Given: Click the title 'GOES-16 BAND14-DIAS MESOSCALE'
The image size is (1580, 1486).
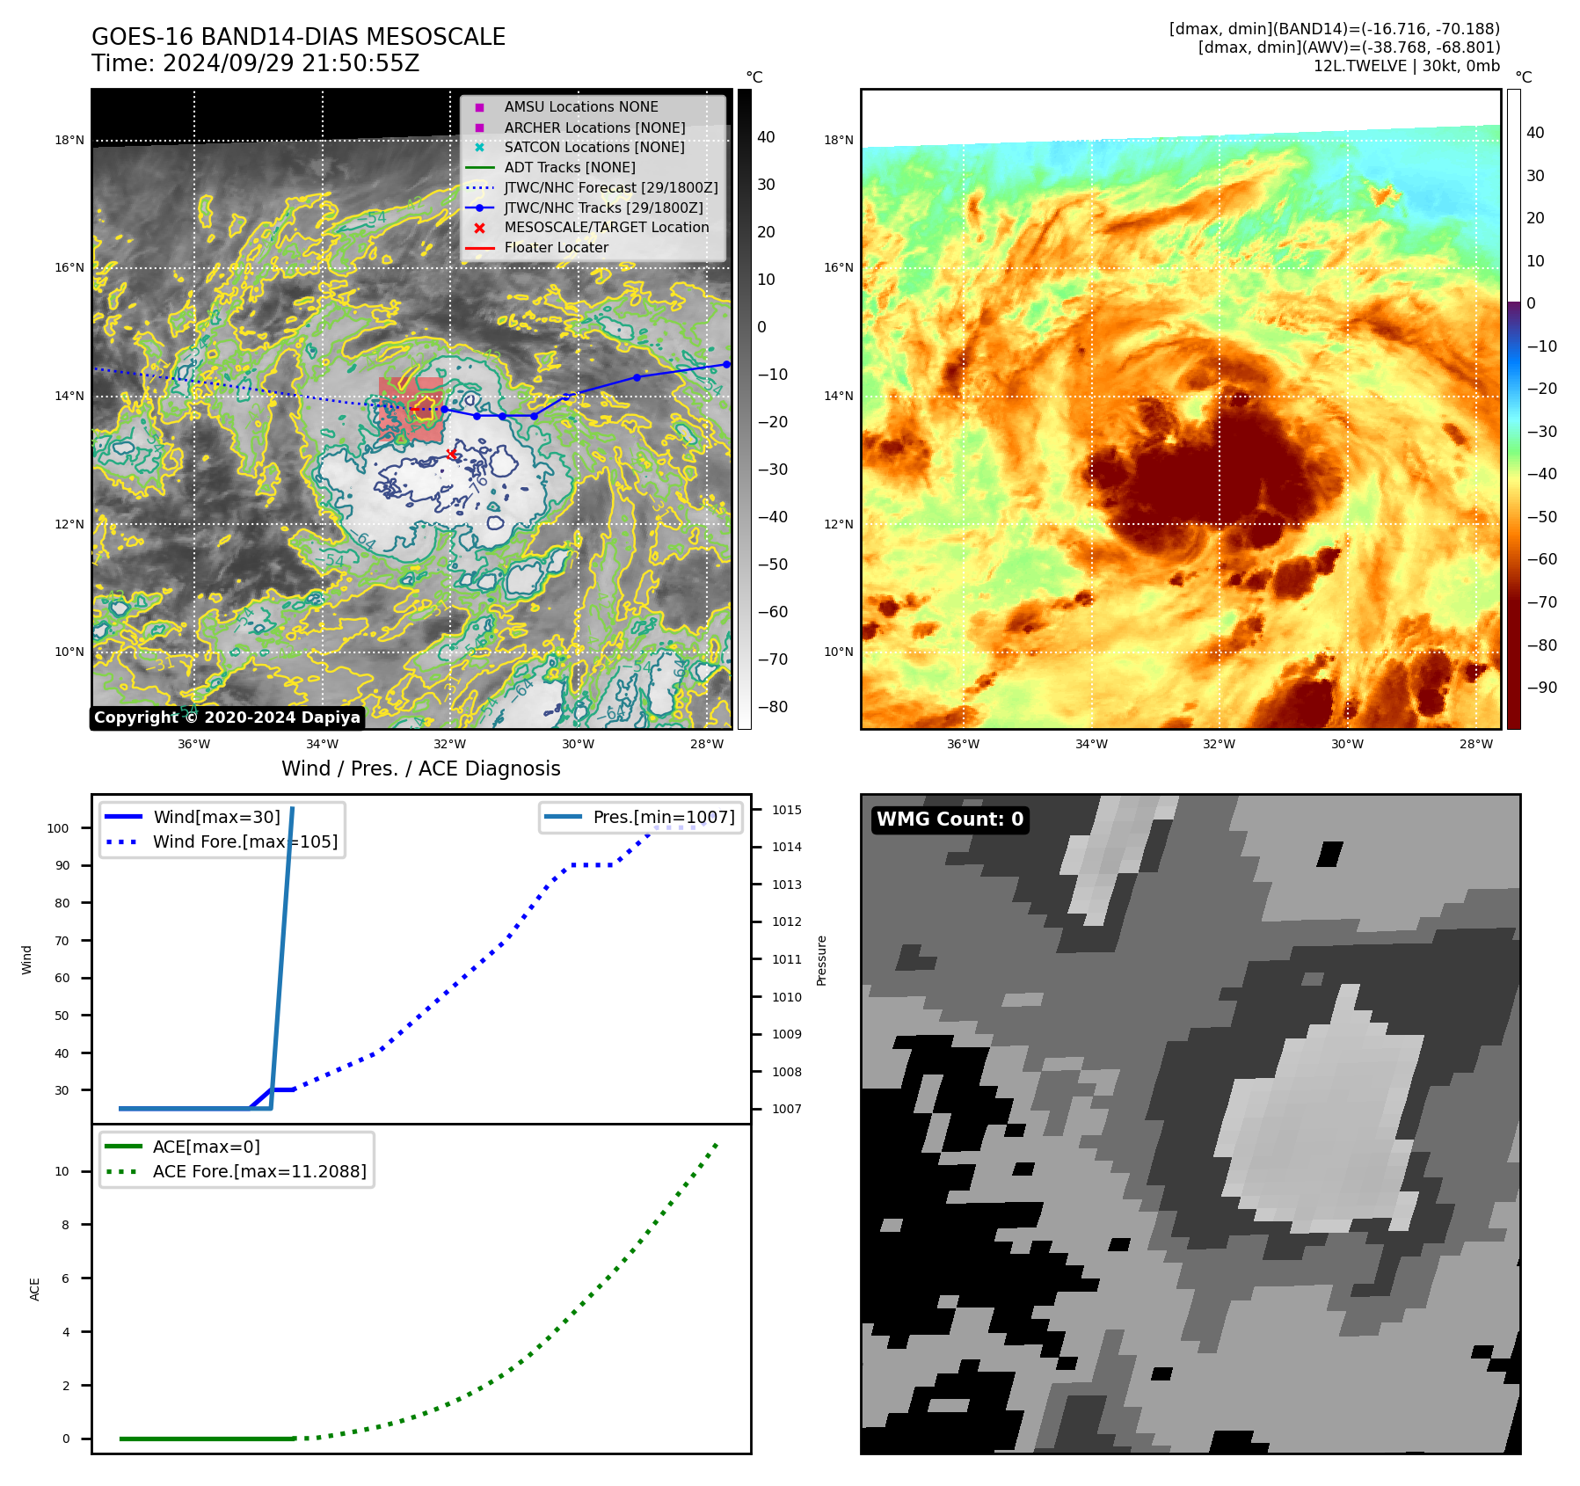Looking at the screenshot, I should [x=298, y=37].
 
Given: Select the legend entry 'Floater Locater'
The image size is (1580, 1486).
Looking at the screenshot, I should [x=556, y=248].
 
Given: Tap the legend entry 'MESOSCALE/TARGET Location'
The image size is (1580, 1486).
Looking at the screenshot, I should [x=606, y=228].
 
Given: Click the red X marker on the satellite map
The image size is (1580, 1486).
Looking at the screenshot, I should [x=451, y=455].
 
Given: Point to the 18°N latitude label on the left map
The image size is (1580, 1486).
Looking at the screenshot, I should [x=69, y=141].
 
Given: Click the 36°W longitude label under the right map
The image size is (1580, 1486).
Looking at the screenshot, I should [x=963, y=744].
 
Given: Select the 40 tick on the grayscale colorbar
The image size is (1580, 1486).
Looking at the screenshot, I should [x=766, y=137].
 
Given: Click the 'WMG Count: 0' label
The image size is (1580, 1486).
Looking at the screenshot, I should [x=950, y=819].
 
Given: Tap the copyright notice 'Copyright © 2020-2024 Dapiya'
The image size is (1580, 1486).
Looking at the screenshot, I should [x=227, y=718].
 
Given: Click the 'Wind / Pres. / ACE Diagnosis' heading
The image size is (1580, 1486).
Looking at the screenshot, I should [x=420, y=768].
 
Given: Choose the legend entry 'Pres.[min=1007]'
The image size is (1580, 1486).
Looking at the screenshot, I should [x=663, y=817].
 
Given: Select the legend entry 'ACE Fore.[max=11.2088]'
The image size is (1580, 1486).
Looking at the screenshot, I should [x=259, y=1171].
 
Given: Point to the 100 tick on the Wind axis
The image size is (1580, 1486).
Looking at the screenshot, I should [x=58, y=828].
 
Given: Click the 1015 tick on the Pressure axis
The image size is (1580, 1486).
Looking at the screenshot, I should [x=786, y=810].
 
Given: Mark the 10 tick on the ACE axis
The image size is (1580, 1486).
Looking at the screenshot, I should [x=62, y=1171].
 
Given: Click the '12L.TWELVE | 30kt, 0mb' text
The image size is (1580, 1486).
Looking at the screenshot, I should [x=1406, y=66].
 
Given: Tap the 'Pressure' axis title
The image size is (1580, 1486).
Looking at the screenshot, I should [x=821, y=960].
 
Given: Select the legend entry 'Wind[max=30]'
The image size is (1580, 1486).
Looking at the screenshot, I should [x=216, y=817].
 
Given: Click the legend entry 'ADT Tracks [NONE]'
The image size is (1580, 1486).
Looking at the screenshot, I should [x=569, y=168].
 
